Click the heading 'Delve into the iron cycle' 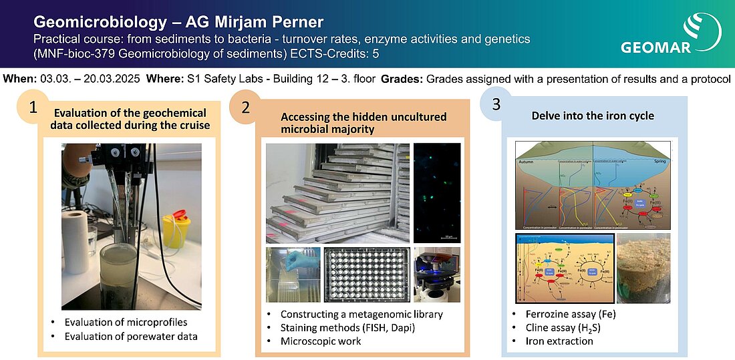[593, 116]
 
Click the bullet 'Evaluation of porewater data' [130, 336]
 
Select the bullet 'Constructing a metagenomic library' [361, 314]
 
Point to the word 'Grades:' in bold [401, 79]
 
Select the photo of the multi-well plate [365, 275]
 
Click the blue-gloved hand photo [292, 275]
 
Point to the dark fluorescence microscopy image [436, 192]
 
